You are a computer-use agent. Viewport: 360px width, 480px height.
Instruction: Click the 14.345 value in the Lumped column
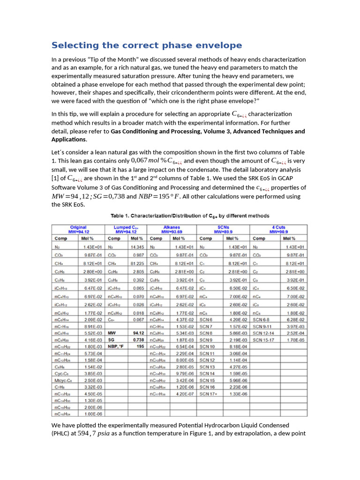[x=137, y=247]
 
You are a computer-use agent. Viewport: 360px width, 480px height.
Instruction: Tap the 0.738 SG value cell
[x=138, y=339]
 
